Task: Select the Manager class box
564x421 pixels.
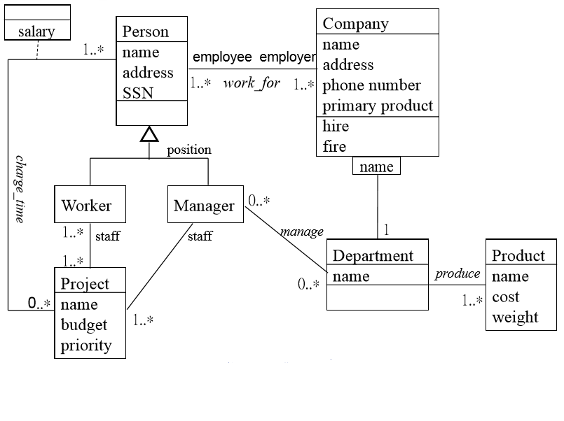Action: pos(204,204)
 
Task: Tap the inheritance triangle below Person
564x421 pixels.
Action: pos(149,134)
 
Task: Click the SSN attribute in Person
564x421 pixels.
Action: pos(137,93)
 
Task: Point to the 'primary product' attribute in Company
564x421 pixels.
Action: pos(378,106)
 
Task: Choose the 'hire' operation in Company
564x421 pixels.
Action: pos(336,127)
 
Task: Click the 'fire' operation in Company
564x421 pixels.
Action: pos(334,146)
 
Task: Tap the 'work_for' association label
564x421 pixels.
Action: pos(252,83)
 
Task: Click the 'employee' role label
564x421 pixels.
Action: pos(222,57)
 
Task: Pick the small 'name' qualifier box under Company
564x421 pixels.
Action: pos(377,166)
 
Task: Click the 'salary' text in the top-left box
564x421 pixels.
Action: pos(36,31)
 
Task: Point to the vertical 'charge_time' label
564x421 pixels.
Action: pos(20,189)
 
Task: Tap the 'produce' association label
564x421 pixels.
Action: pos(458,273)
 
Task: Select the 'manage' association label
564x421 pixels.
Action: pos(302,231)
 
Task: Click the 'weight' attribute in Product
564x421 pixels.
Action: pos(515,317)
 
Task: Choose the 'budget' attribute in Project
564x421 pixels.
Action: pos(84,325)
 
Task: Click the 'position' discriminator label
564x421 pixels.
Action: pos(188,150)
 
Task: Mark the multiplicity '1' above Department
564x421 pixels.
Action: pos(385,229)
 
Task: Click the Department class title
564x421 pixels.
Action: pos(373,255)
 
